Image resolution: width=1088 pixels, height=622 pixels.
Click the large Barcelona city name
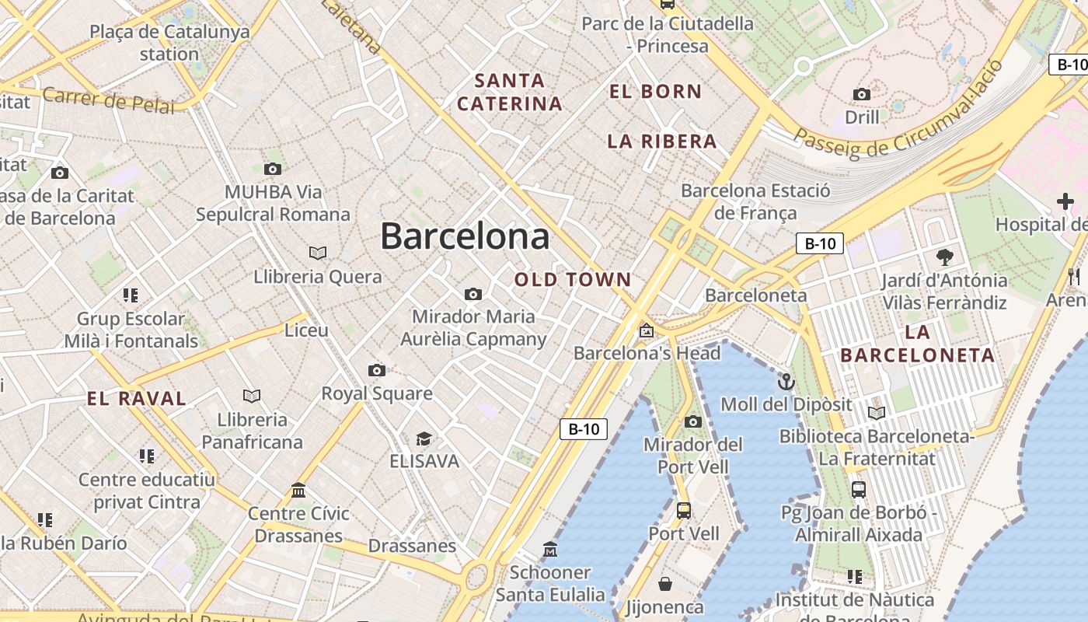465,236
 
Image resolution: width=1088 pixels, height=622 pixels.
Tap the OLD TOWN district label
573,280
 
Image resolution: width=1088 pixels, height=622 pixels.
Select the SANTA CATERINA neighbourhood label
510,92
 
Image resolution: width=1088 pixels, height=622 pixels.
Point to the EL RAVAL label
137,400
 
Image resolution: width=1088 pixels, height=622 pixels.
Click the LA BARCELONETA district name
918,344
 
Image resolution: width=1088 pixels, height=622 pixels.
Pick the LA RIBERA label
662,142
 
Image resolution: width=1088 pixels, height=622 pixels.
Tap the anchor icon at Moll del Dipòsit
786,382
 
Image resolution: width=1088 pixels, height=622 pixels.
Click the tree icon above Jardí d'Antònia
945,257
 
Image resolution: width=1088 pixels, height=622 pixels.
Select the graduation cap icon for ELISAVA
424,439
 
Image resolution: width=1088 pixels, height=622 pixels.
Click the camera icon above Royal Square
377,371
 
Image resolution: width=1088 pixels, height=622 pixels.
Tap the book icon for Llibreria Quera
317,253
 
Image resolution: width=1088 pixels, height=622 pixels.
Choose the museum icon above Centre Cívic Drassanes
298,491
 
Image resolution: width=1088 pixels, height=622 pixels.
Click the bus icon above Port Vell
684,511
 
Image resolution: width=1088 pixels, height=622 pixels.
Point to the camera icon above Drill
862,95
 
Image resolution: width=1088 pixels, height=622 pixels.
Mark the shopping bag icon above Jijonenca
665,583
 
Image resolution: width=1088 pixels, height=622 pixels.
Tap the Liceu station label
306,330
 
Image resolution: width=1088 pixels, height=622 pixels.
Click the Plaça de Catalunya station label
169,43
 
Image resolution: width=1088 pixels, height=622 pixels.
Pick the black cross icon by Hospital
1065,202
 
